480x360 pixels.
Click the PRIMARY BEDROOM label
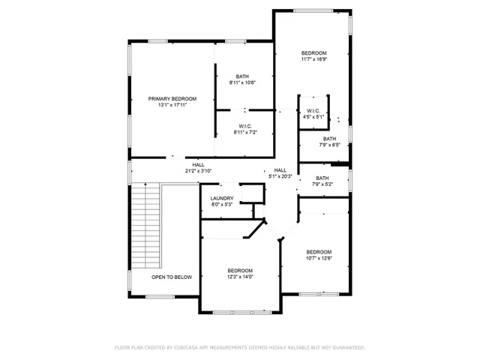(172, 99)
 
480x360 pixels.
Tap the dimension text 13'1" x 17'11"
(172, 106)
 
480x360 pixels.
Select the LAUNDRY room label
(221, 198)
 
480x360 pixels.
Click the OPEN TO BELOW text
(172, 277)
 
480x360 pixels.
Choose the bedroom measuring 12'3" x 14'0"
(240, 271)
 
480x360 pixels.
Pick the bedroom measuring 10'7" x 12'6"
(318, 252)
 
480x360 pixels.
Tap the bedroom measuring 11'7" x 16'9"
(314, 53)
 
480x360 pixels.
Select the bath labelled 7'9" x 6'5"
(330, 139)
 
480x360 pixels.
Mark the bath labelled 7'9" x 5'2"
(322, 178)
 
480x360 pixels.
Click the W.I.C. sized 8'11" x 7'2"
(244, 126)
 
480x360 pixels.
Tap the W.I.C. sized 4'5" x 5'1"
(313, 111)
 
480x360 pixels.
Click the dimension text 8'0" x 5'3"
(221, 204)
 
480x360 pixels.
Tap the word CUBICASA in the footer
(184, 348)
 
